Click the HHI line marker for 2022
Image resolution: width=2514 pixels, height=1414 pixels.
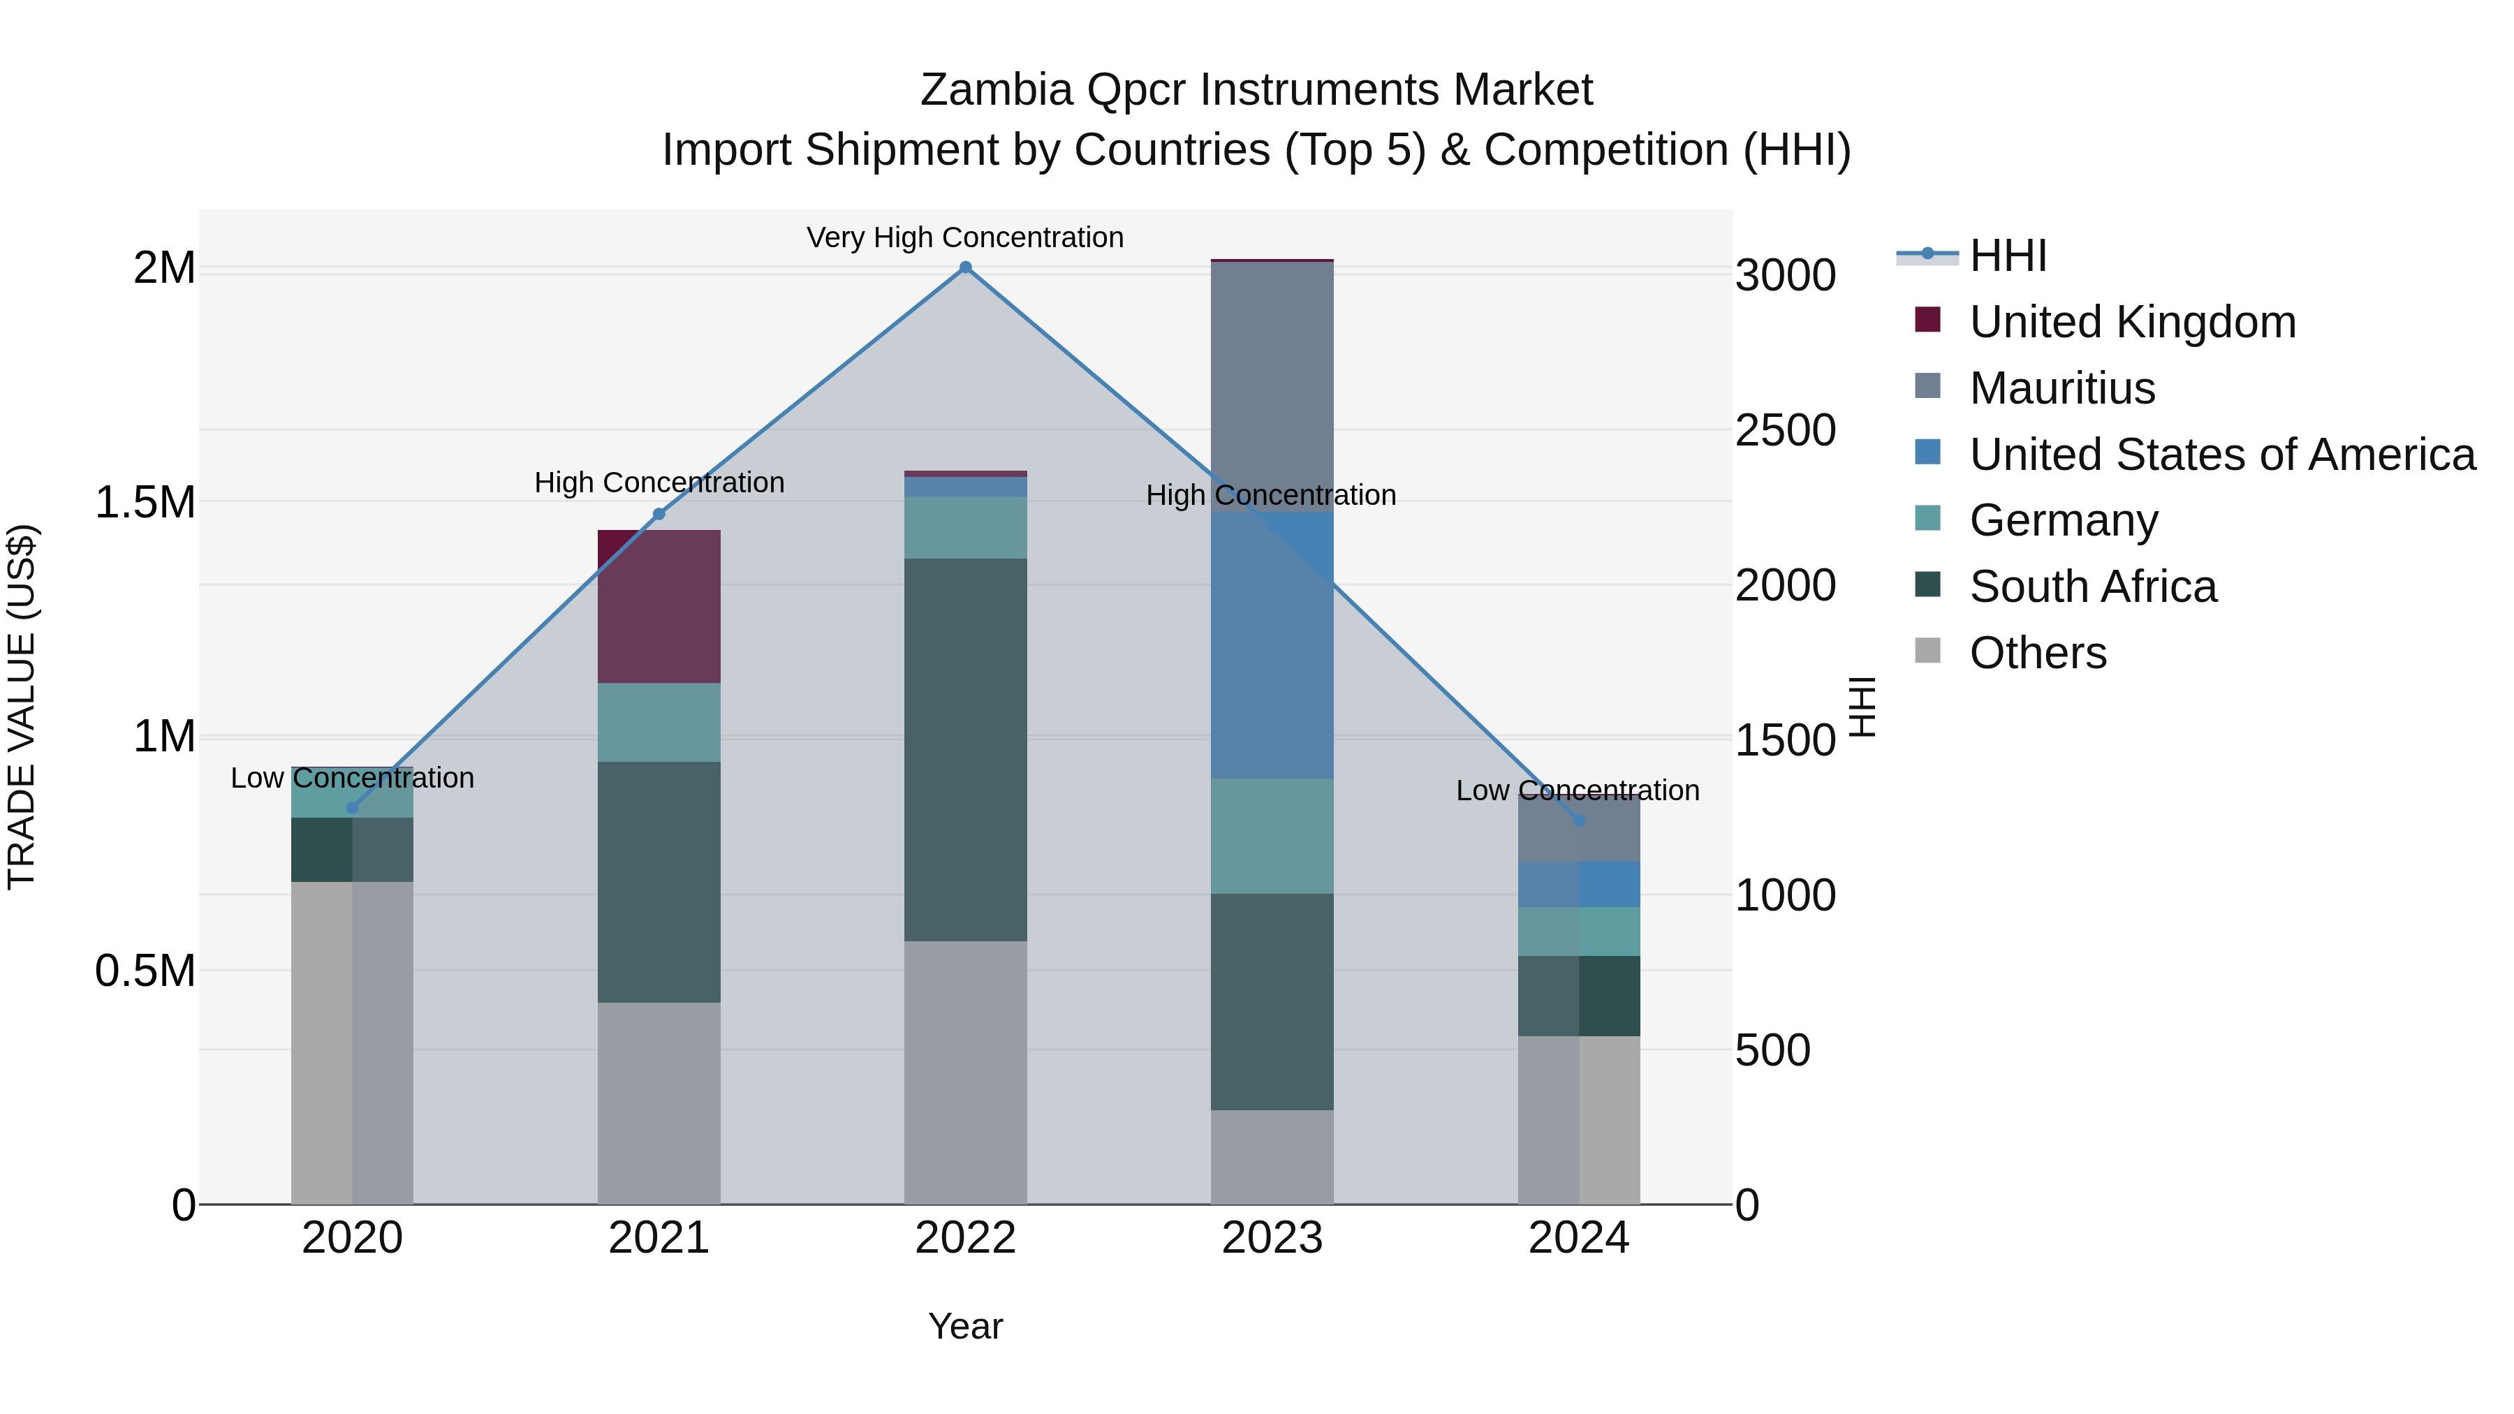(x=965, y=267)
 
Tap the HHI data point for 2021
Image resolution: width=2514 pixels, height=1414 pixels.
(x=659, y=514)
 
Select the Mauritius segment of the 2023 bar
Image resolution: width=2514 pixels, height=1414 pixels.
(x=1272, y=385)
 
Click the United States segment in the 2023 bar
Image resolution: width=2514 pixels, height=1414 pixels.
(x=1272, y=644)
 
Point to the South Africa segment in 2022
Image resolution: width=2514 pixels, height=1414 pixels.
(x=965, y=749)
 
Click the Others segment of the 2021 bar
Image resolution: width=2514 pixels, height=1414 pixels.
(x=659, y=1103)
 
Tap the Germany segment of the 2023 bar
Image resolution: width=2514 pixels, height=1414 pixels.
(x=1272, y=837)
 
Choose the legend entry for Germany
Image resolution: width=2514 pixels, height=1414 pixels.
(x=2063, y=520)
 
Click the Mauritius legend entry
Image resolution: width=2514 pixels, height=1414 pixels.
(x=2061, y=388)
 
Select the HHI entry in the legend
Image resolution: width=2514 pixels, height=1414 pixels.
(x=2008, y=256)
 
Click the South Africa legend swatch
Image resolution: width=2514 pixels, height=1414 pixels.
(x=1927, y=586)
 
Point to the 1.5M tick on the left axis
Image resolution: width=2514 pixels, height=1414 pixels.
(x=145, y=503)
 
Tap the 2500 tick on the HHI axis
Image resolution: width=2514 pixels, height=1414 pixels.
(x=1785, y=430)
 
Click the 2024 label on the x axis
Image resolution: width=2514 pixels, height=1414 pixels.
(x=1578, y=1238)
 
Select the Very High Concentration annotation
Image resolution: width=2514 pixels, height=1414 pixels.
(x=965, y=237)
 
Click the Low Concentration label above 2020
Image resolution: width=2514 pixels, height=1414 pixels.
(x=353, y=778)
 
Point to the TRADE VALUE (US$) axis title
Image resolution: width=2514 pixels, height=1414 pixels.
(x=22, y=707)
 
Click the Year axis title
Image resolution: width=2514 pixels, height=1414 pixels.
(x=965, y=1326)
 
